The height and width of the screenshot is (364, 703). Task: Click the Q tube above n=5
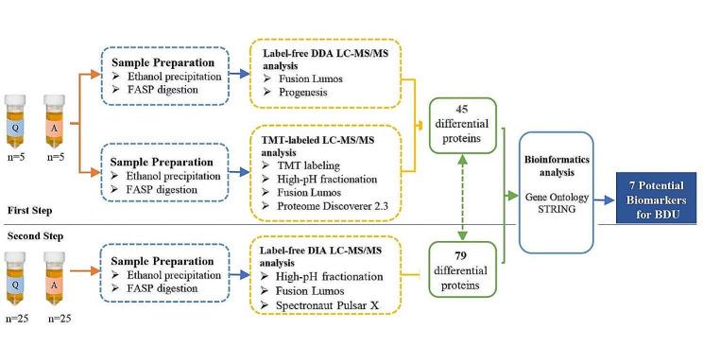[15, 124]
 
